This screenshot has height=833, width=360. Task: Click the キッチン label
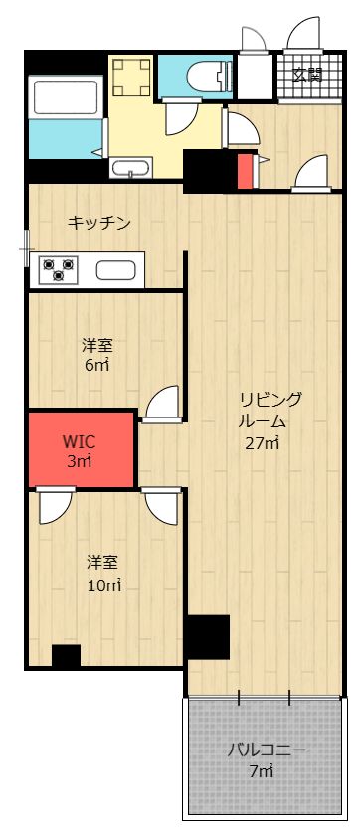point(99,223)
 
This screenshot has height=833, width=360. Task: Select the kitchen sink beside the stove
point(118,269)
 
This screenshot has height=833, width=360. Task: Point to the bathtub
point(67,97)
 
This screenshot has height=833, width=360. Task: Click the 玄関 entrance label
point(307,75)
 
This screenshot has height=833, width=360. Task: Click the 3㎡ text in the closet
point(79,461)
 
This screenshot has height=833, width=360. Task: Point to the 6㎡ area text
point(96,366)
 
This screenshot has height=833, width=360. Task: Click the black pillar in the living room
point(208,637)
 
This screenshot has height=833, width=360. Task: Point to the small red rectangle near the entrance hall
point(246,172)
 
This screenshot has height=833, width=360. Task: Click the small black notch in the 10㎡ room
point(66,656)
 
